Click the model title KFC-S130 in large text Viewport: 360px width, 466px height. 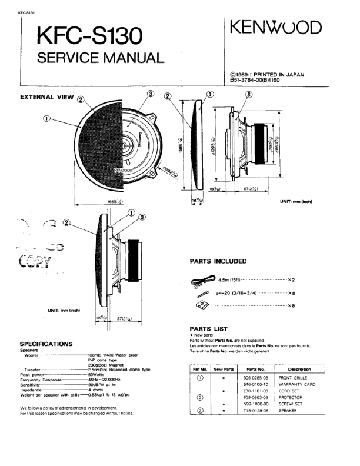pos(89,38)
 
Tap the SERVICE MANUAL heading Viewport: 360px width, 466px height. pos(100,58)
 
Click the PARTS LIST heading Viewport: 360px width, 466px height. pos(208,328)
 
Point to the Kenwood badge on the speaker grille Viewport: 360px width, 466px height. pos(126,170)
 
